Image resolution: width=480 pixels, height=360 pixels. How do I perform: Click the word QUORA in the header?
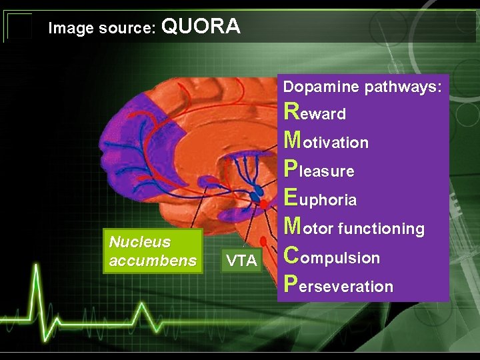(x=201, y=27)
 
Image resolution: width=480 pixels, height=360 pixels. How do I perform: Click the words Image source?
(x=102, y=29)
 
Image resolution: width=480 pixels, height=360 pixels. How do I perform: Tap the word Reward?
(x=315, y=112)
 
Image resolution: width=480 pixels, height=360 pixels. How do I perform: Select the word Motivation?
(x=326, y=141)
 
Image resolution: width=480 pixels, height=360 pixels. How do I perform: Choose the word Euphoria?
(x=320, y=199)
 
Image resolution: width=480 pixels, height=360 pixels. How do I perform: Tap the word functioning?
(x=381, y=229)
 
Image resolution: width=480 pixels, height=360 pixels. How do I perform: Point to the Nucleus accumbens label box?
(x=152, y=251)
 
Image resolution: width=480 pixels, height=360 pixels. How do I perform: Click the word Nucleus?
(x=139, y=242)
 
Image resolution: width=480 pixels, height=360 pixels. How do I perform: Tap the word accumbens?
(x=152, y=261)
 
